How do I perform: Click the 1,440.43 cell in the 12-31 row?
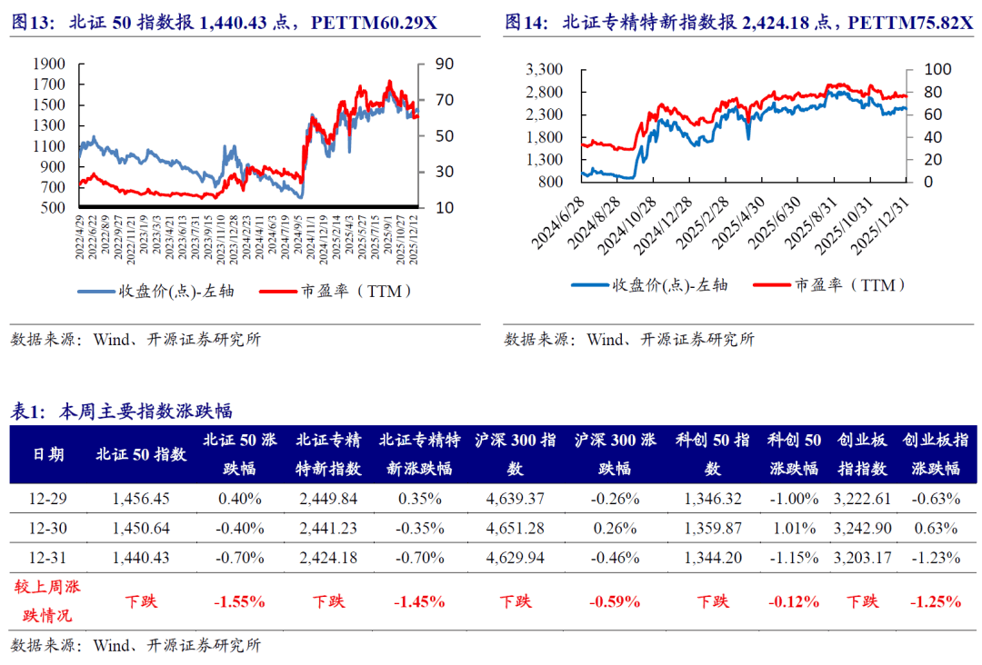[x=141, y=557]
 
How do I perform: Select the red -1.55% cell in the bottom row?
[x=239, y=600]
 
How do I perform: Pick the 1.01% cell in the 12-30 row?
[x=794, y=528]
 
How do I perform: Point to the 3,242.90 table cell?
[x=862, y=528]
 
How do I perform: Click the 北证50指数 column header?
[x=141, y=454]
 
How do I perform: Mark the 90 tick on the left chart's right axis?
[x=433, y=64]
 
